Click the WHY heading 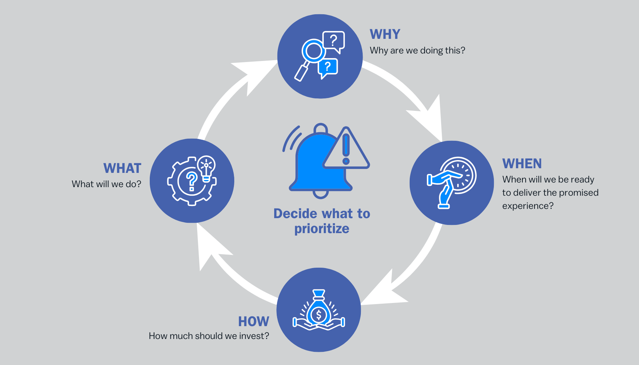click(385, 34)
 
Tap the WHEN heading click(522, 164)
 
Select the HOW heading click(254, 322)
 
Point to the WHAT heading click(122, 168)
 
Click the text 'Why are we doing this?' click(417, 50)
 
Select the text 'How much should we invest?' click(209, 336)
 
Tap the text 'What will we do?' click(106, 184)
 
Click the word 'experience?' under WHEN click(528, 206)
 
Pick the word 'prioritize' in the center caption click(322, 229)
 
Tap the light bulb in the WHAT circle click(206, 168)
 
